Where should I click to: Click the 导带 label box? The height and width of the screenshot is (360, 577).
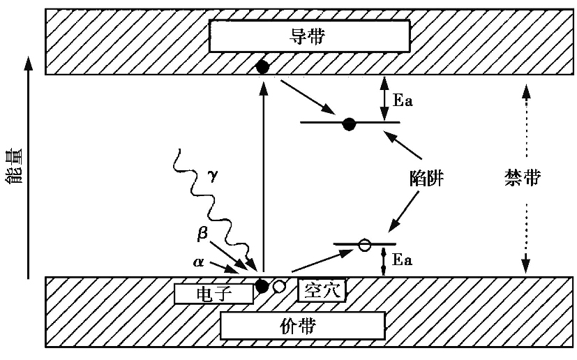coord(308,36)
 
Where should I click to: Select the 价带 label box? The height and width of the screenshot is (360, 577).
coord(302,325)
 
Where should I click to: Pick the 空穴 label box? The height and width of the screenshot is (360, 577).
coord(322,290)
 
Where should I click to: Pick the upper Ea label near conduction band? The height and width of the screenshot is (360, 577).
coord(403,100)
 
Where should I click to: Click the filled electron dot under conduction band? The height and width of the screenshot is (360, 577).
coord(262,67)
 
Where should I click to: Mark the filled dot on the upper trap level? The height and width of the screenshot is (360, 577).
coord(350,123)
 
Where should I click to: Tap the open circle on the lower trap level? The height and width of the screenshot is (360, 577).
coord(364,245)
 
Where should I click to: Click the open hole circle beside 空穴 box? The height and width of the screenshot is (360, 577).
coord(279,286)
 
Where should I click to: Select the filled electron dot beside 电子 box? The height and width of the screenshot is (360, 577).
coord(262,285)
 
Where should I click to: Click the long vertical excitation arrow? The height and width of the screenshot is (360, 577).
coord(263,174)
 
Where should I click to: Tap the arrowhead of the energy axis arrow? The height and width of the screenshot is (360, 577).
coord(28,64)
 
